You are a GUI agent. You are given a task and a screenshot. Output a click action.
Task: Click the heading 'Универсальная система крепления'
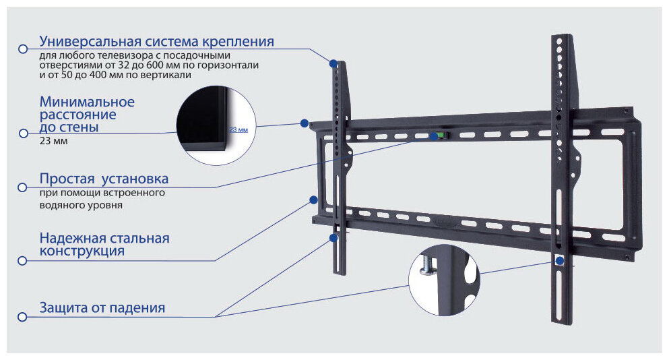coord(156,42)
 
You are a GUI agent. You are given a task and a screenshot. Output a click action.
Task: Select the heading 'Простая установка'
coord(104,179)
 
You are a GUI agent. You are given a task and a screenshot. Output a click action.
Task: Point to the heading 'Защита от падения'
coord(102,308)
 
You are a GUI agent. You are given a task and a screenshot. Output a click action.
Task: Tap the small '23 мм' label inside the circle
coord(238,129)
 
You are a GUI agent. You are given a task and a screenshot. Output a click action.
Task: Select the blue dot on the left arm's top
coord(333,63)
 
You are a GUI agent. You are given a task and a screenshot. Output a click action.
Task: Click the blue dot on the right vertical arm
coord(560,260)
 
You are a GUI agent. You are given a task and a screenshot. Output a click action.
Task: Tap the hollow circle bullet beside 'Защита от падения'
coord(22,316)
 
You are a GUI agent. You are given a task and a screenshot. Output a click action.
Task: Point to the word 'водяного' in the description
coord(61,204)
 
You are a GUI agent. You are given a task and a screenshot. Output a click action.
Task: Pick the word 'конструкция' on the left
coord(82,251)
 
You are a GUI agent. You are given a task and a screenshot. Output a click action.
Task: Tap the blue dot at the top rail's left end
coord(305,123)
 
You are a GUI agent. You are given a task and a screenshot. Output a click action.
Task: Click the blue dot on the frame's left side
coord(313,200)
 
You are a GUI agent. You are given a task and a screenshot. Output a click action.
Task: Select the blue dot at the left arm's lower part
coord(333,237)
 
